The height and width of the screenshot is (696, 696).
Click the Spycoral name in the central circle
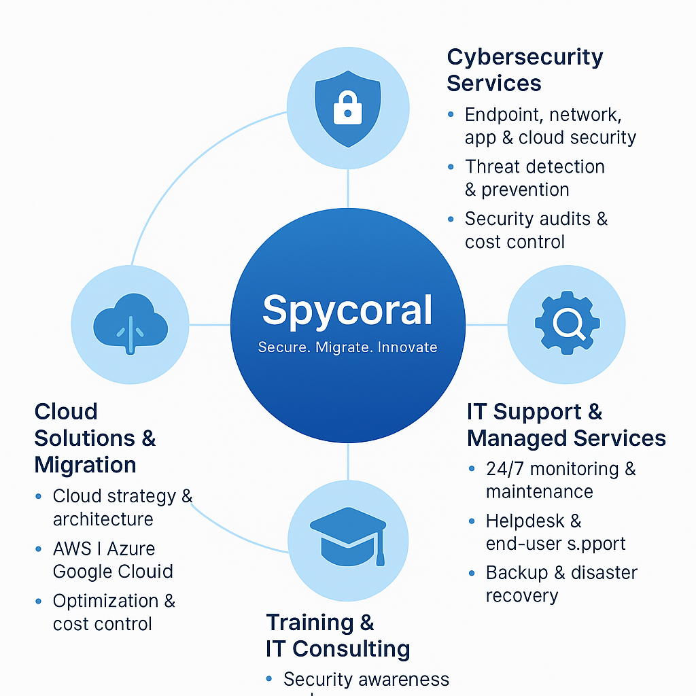tap(347, 311)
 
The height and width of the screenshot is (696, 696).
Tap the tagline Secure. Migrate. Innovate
tap(347, 347)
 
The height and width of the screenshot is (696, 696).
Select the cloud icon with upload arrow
tap(130, 324)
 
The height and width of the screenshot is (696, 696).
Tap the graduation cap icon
tap(347, 537)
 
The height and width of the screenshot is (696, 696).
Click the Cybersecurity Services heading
tap(525, 70)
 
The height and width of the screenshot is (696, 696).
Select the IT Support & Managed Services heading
tap(565, 425)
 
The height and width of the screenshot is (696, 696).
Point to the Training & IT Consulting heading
tap(337, 636)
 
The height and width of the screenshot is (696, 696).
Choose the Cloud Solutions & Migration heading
tap(95, 438)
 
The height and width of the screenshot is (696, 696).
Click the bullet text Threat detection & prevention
tap(534, 178)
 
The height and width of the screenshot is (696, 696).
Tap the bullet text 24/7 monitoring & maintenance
tap(560, 480)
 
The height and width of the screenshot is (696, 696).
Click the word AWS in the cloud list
tap(72, 549)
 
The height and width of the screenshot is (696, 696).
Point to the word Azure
tap(132, 549)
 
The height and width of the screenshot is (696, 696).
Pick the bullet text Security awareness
tap(366, 679)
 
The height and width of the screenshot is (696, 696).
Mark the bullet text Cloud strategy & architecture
tap(122, 508)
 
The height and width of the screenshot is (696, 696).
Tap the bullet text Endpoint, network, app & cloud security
tap(550, 126)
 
